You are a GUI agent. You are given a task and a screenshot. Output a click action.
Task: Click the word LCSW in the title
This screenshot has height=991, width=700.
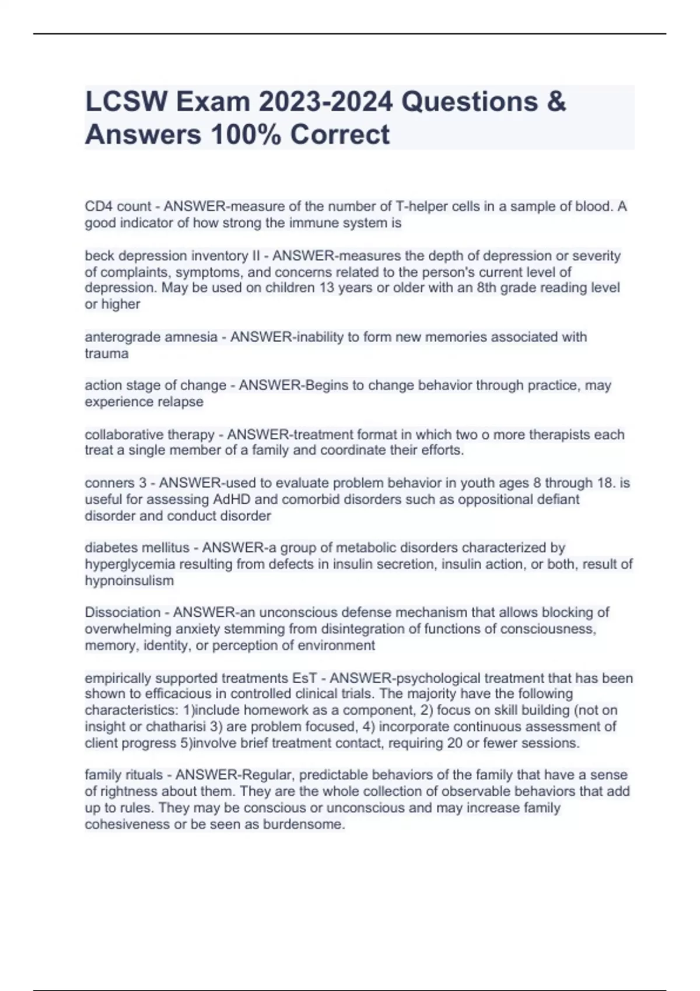coord(123,102)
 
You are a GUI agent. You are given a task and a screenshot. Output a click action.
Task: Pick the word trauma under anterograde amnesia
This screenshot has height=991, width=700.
coord(107,353)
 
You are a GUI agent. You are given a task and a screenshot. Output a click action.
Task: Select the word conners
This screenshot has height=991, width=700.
coord(109,483)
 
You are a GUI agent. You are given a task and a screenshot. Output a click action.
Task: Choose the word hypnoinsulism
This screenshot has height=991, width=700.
coord(129,581)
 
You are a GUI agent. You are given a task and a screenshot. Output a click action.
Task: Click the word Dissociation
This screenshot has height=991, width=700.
coord(123,613)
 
